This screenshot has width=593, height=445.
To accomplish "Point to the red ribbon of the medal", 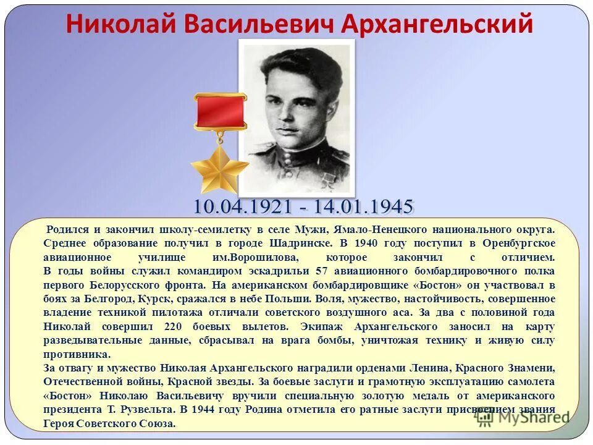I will point(220,112).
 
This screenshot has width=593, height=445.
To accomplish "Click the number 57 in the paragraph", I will point(322,271).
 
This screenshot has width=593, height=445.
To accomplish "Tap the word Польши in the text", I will point(288,299).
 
